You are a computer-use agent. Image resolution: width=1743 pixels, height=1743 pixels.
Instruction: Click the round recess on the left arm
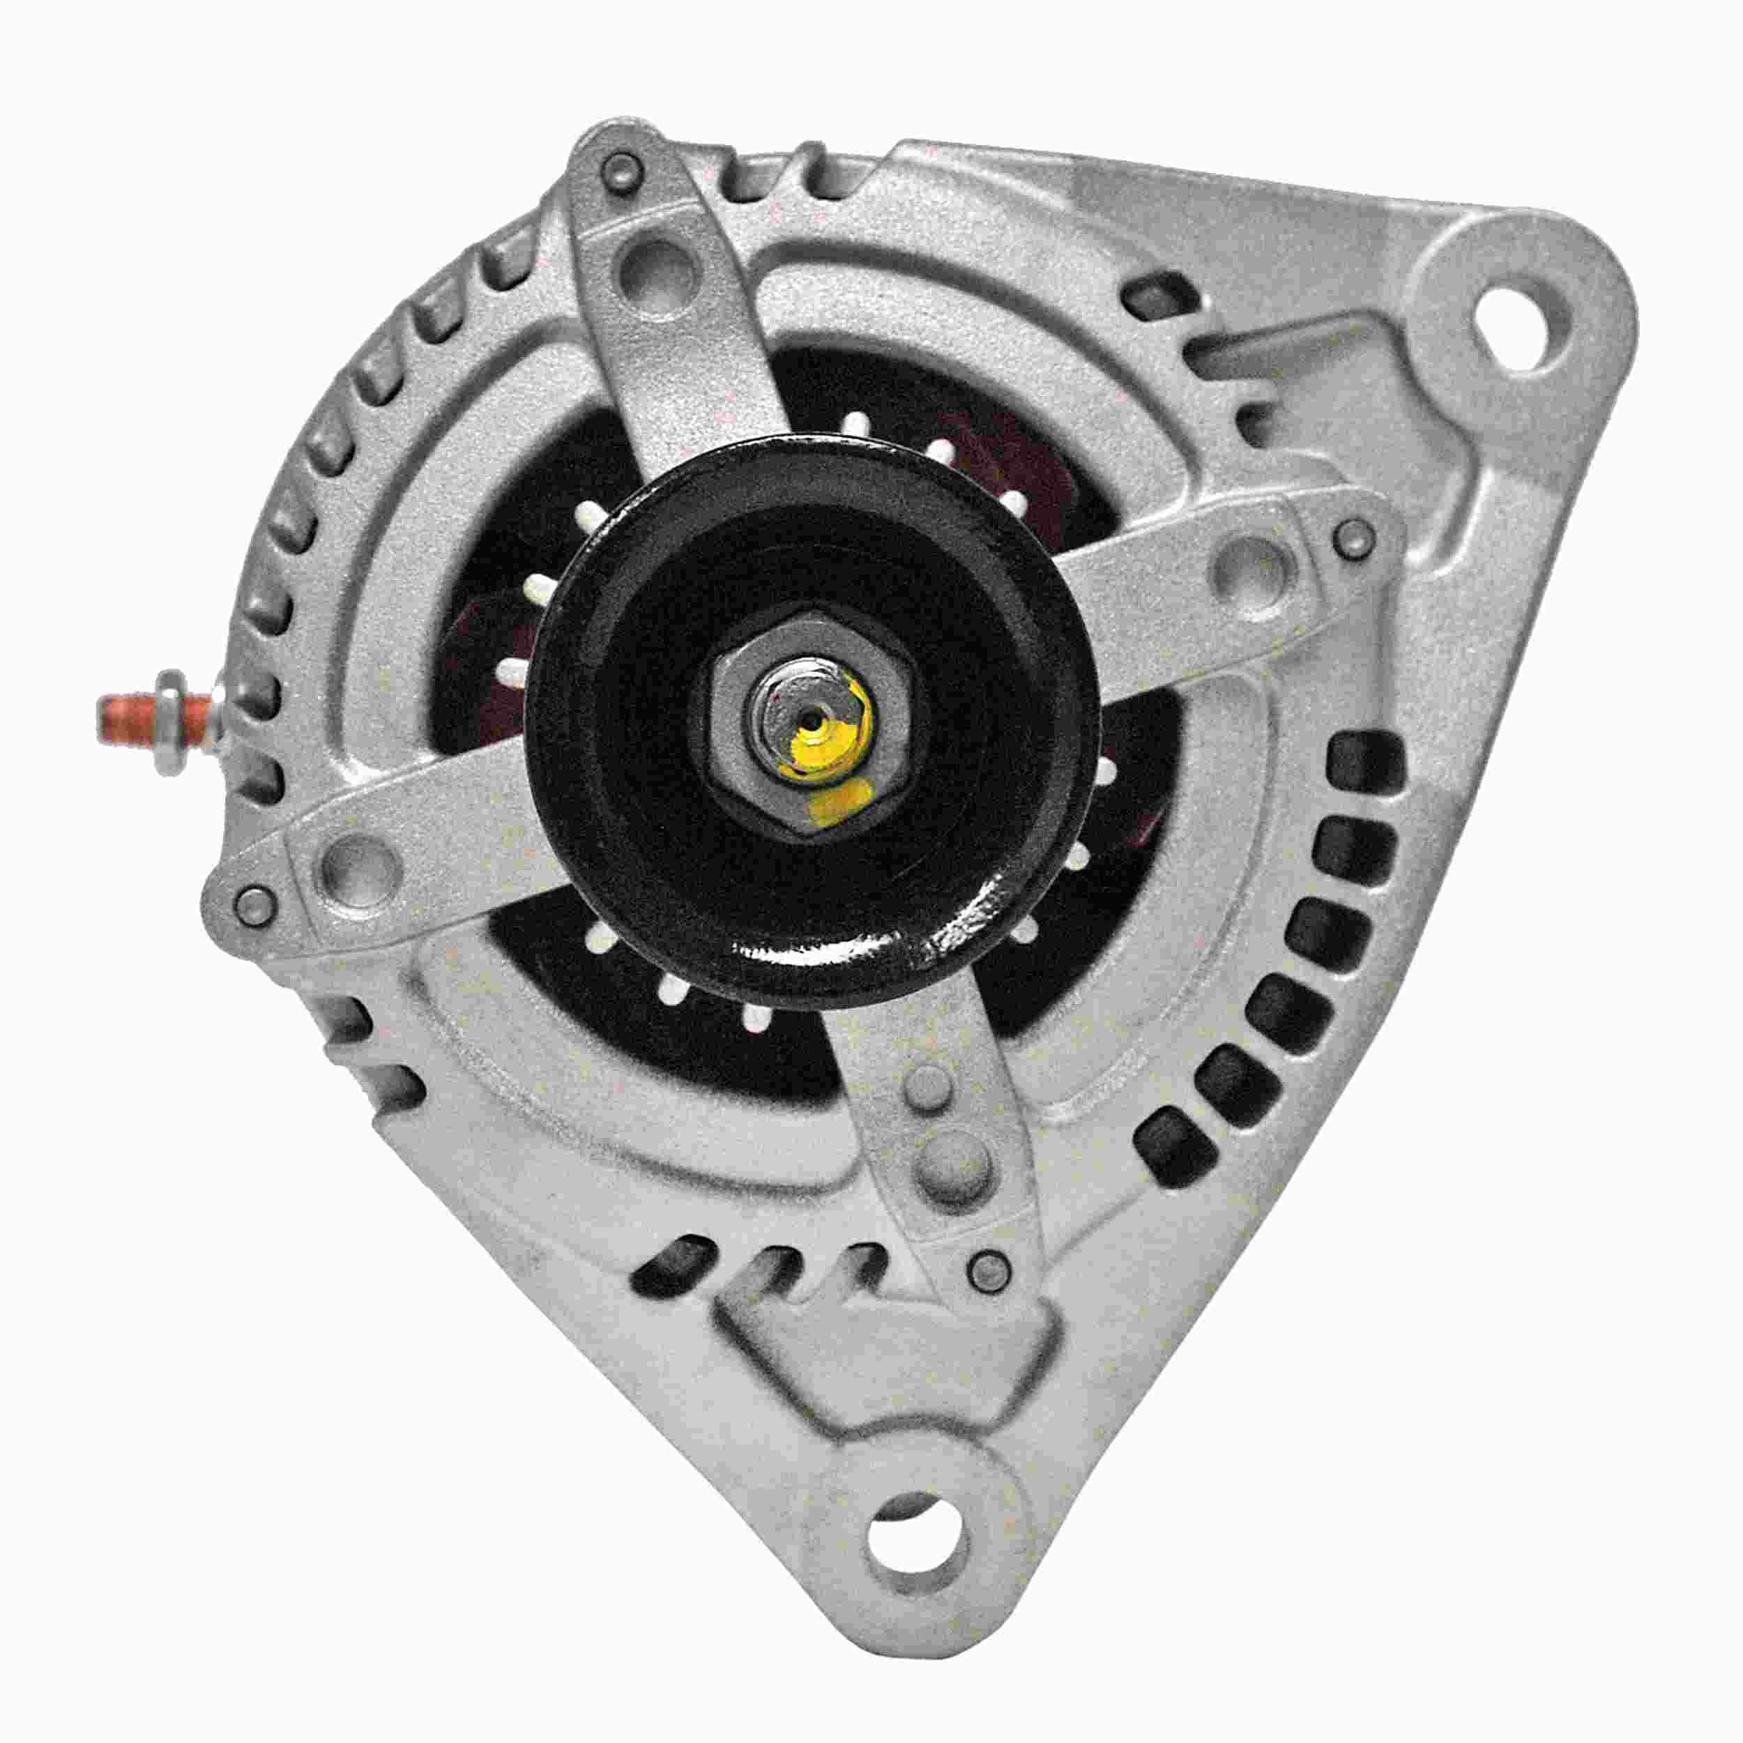coord(362,858)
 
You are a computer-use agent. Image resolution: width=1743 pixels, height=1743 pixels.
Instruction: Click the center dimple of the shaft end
coord(816,722)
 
